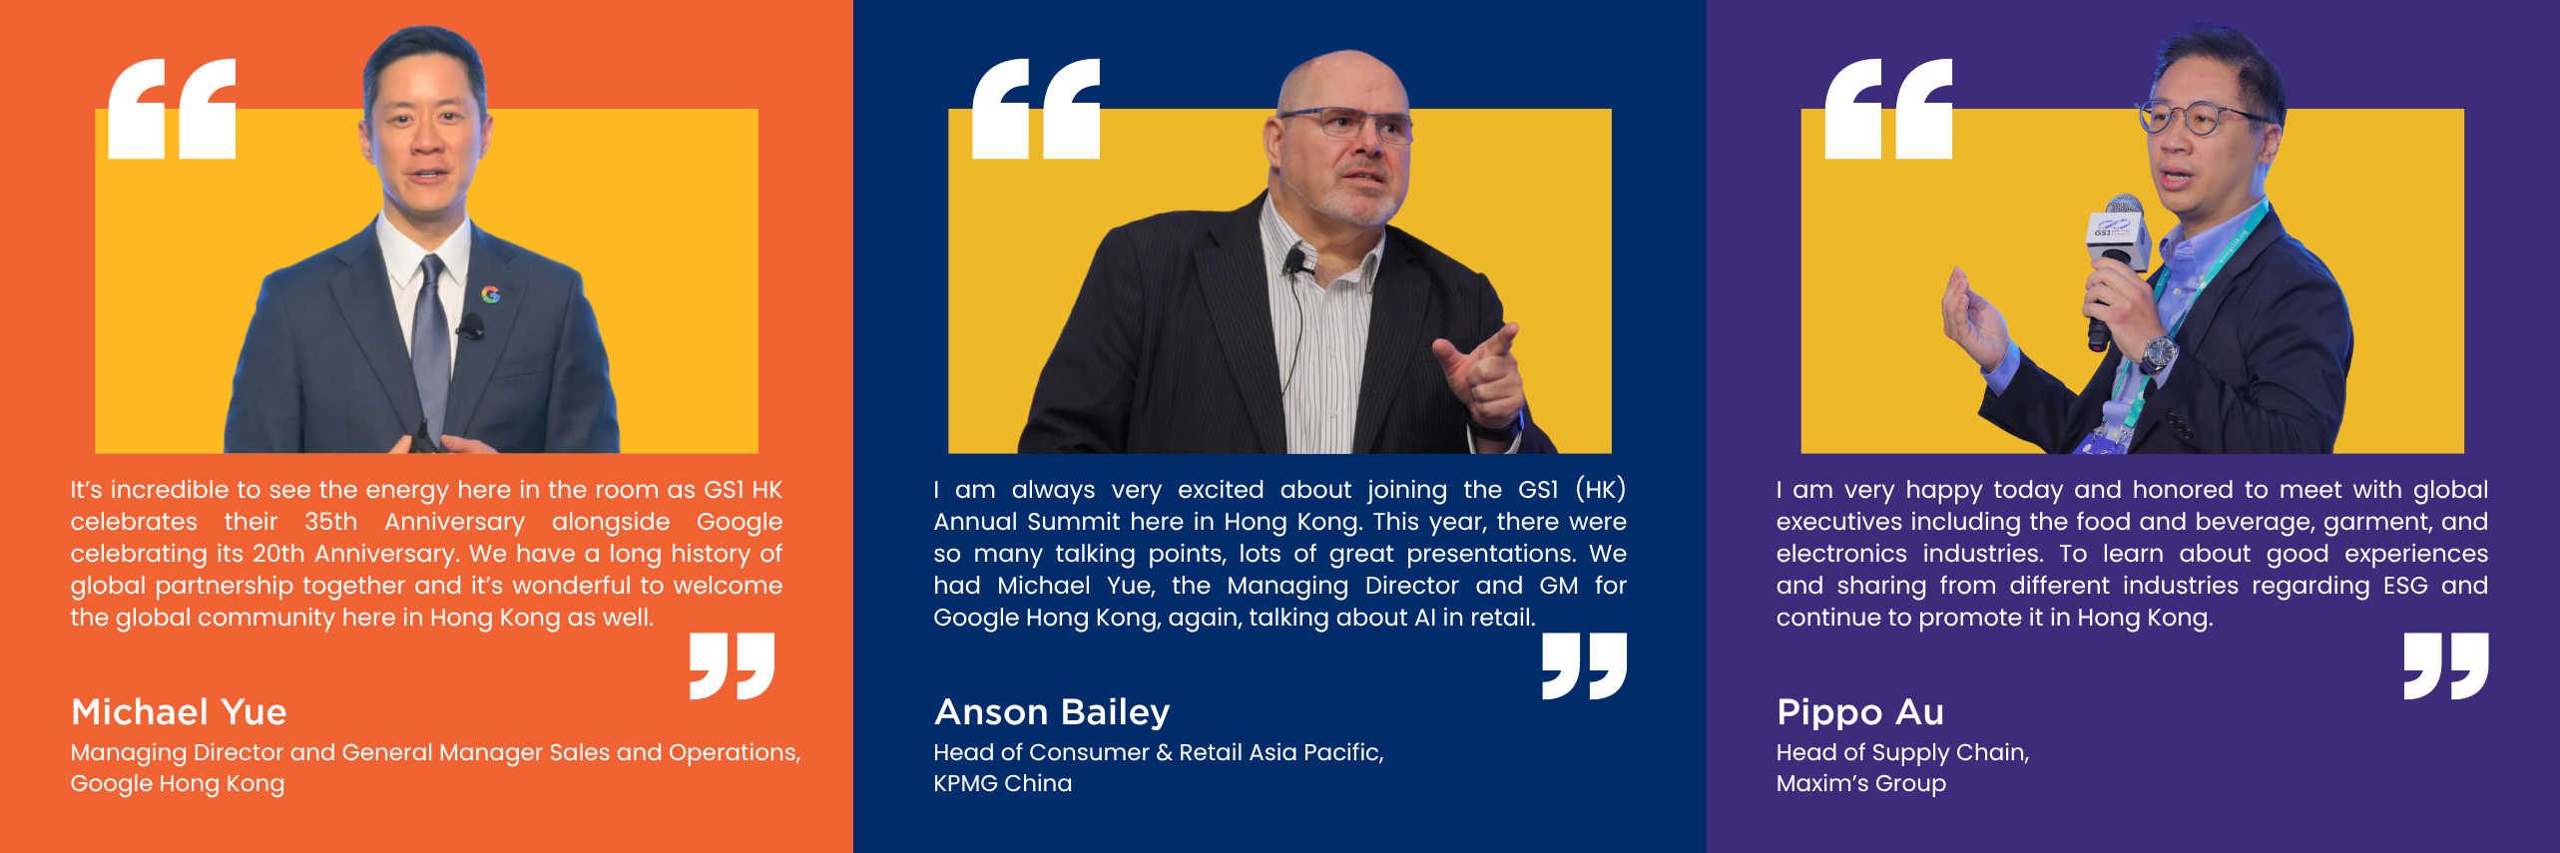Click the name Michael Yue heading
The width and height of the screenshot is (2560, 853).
coord(179,712)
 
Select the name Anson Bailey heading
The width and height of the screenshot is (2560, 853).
coord(1052,712)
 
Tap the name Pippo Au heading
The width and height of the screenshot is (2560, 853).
coord(1860,713)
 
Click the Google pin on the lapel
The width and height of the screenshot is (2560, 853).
coord(490,293)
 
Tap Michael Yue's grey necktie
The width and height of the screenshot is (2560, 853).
coord(431,339)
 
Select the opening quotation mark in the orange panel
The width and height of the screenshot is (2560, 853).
coord(172,108)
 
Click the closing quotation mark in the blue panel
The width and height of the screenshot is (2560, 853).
coord(1584,665)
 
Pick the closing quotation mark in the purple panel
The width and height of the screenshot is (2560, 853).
coord(2446,665)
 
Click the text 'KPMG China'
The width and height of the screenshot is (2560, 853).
coord(1003,783)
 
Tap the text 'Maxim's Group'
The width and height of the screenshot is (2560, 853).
coord(1861,784)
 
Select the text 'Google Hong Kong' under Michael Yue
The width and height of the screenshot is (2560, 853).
coord(178,784)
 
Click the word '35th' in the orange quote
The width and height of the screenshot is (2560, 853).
coord(330,522)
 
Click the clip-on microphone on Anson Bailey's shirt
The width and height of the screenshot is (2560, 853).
coord(1295,262)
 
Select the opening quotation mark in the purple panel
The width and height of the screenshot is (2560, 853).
coord(1888,108)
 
